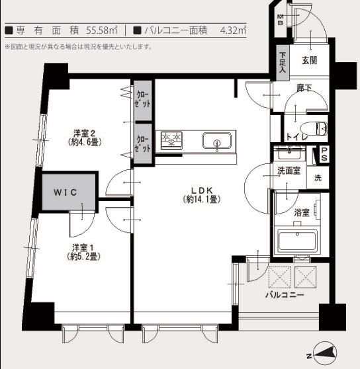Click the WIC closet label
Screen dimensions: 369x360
(x=66, y=192)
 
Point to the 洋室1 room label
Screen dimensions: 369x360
(x=85, y=252)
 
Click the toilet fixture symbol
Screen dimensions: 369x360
(x=317, y=128)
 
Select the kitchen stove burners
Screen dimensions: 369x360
(x=172, y=140)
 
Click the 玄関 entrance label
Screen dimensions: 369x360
(x=310, y=61)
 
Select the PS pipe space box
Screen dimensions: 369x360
(x=324, y=153)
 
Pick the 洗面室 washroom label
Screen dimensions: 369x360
(x=289, y=171)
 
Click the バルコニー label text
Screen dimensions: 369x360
(x=285, y=294)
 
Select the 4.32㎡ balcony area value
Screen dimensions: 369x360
(x=232, y=30)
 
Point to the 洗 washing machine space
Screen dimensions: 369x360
(x=318, y=177)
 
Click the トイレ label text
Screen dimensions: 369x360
(x=296, y=137)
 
